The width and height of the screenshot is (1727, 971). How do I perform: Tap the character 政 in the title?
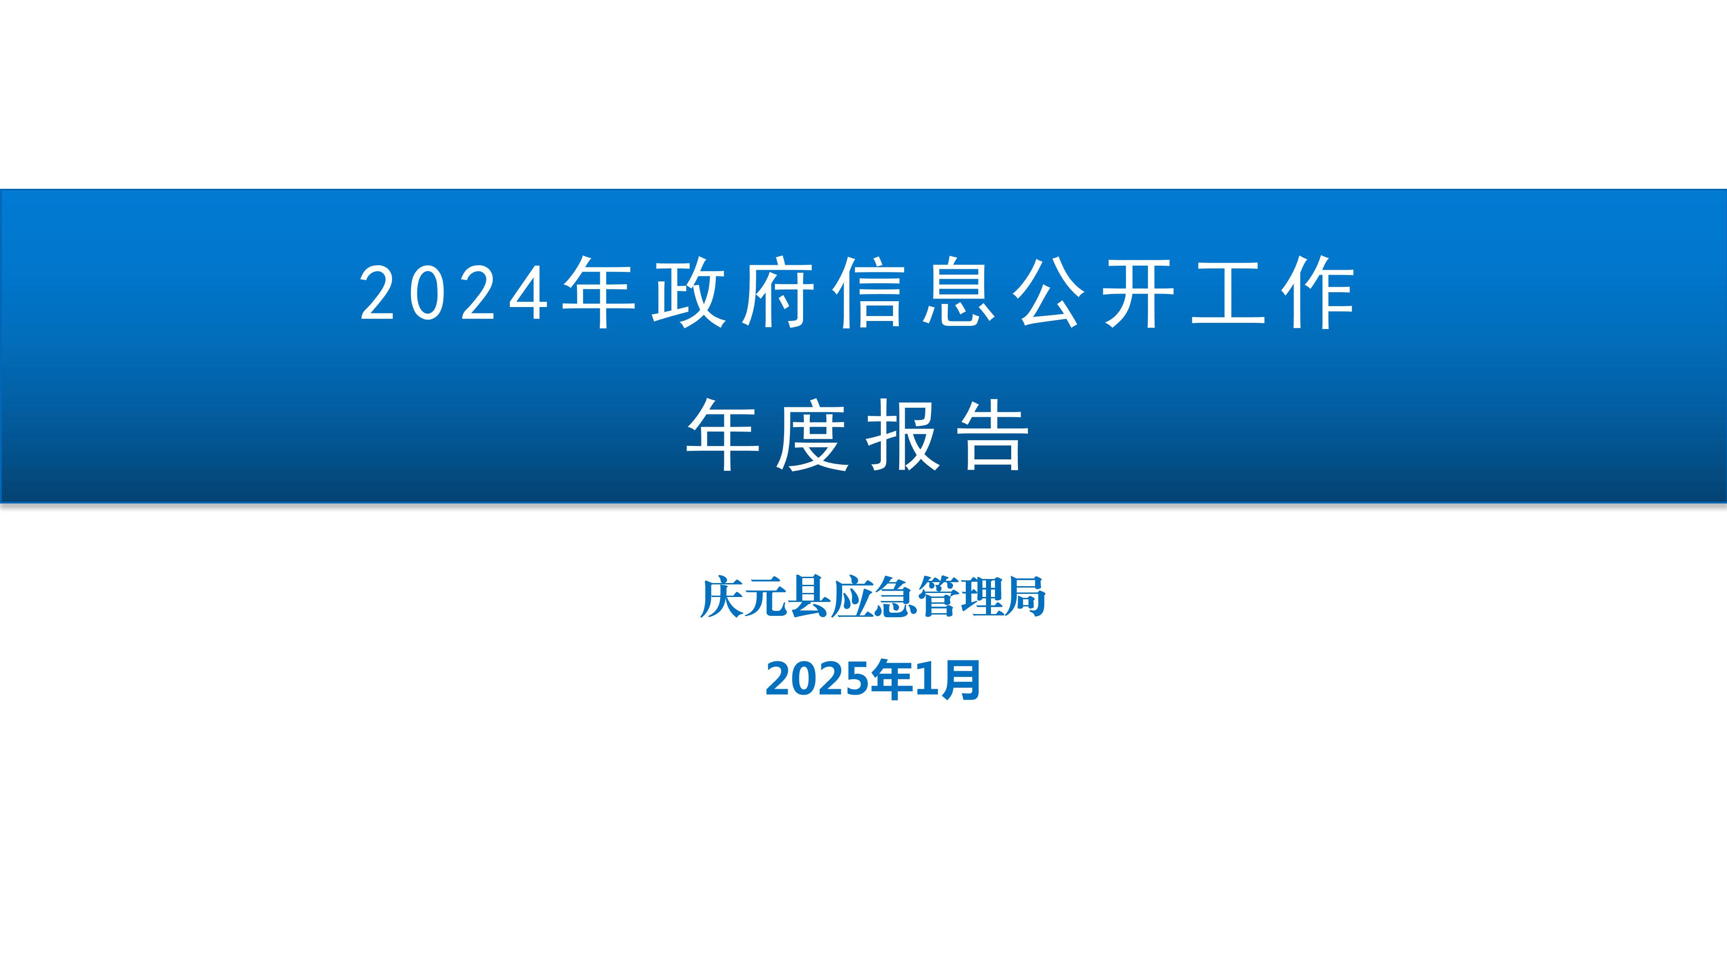688,293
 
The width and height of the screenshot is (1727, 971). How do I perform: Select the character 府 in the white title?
778,293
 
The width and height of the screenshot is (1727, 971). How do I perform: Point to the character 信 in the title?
868,293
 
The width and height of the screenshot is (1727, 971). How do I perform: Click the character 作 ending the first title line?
1318,293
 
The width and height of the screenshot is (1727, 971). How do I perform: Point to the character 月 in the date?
961,680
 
